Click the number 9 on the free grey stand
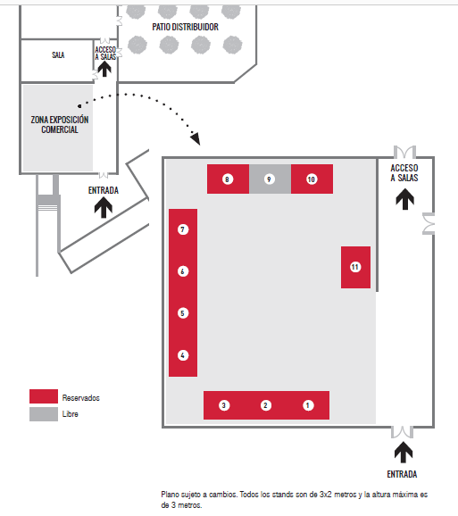point(269,179)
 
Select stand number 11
point(355,267)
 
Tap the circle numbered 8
point(227,179)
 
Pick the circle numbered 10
point(312,179)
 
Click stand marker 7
point(183,229)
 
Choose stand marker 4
point(183,355)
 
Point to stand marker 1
point(308,405)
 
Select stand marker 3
point(224,405)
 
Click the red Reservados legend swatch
point(44,396)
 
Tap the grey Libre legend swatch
point(44,414)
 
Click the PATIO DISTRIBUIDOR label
point(185,27)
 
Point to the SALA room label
point(58,55)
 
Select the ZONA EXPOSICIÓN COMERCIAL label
point(60,124)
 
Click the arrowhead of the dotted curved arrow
point(196,139)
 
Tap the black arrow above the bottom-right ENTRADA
point(404,453)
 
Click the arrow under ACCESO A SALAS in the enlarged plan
point(404,199)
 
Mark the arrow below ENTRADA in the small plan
point(104,207)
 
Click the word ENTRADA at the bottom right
point(402,474)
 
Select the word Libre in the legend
point(70,414)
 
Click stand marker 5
point(183,313)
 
